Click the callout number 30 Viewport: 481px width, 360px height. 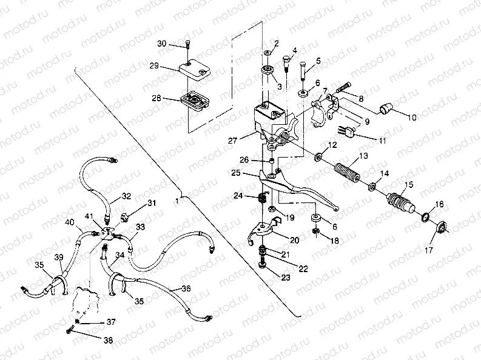click(161, 44)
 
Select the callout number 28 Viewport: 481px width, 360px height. click(156, 98)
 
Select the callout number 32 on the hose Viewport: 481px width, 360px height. click(126, 196)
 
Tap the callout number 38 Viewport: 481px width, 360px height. click(108, 341)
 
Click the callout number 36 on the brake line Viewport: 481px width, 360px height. click(186, 290)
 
